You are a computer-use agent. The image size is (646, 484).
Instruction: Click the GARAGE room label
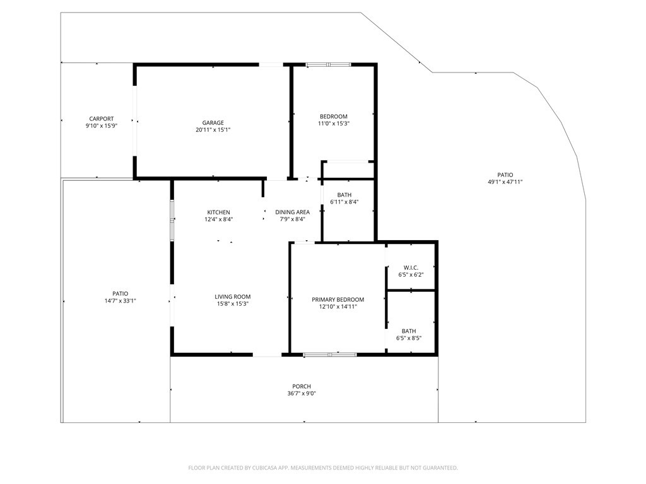pyautogui.click(x=213, y=123)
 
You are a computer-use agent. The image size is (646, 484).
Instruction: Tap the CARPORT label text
pyautogui.click(x=101, y=118)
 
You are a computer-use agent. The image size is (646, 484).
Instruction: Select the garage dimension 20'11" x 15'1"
pyautogui.click(x=213, y=130)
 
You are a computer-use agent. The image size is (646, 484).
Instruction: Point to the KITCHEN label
pyautogui.click(x=218, y=212)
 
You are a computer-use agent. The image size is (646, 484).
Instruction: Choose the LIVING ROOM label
pyautogui.click(x=233, y=297)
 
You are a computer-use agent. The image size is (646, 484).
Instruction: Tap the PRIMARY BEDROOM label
pyautogui.click(x=338, y=300)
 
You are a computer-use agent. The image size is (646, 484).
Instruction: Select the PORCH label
pyautogui.click(x=302, y=386)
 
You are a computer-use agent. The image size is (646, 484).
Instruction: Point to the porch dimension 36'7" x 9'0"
pyautogui.click(x=302, y=394)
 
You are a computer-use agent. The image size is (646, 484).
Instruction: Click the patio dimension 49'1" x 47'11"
pyautogui.click(x=505, y=182)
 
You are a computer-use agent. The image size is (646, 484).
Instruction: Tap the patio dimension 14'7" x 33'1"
pyautogui.click(x=120, y=301)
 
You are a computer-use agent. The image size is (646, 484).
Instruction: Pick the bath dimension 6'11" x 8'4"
pyautogui.click(x=344, y=202)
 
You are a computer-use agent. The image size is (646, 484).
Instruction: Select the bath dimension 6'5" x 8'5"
pyautogui.click(x=408, y=338)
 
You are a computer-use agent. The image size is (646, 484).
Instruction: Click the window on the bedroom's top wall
pyautogui.click(x=329, y=64)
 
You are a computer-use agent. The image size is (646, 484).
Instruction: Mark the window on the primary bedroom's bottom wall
pyautogui.click(x=330, y=355)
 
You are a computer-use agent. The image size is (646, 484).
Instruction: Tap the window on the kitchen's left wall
pyautogui.click(x=171, y=221)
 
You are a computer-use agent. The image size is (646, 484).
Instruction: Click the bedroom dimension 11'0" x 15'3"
pyautogui.click(x=333, y=124)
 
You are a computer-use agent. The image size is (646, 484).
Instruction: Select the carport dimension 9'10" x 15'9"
pyautogui.click(x=101, y=126)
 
